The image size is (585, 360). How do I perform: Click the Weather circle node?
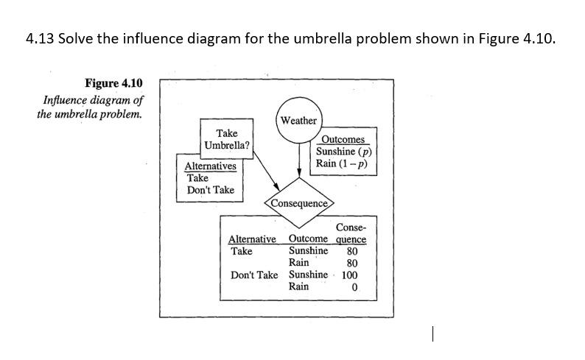[298, 120]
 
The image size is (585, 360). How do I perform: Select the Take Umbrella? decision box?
[227, 139]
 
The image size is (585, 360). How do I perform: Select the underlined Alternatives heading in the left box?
[210, 166]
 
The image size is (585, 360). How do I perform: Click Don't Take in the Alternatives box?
[211, 190]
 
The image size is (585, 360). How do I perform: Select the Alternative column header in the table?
[253, 239]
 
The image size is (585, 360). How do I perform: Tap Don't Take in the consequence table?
[254, 275]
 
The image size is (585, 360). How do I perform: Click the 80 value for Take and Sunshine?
[351, 251]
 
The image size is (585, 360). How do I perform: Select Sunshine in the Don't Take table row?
[308, 275]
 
